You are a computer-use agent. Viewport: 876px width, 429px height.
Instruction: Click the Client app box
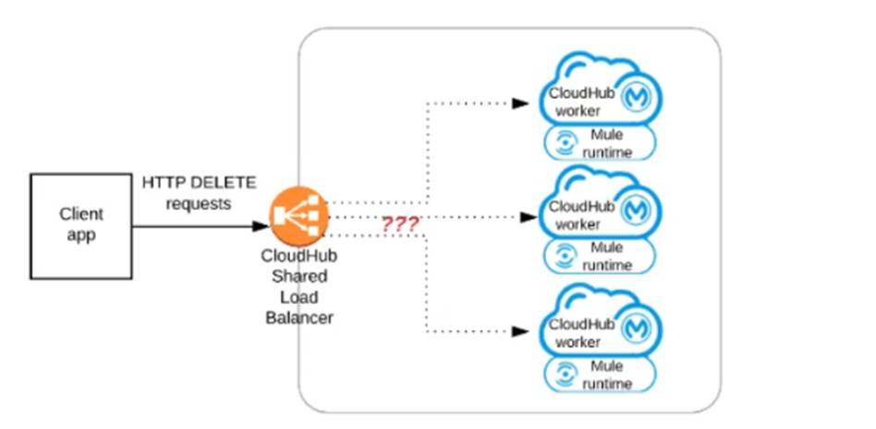click(x=81, y=225)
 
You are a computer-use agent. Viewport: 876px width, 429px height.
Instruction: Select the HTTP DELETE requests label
click(x=198, y=193)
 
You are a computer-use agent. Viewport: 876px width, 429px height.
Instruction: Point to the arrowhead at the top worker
click(x=520, y=103)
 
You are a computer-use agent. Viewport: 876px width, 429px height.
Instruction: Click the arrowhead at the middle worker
click(x=528, y=218)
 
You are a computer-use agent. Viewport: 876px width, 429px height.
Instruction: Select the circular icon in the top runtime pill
click(x=561, y=143)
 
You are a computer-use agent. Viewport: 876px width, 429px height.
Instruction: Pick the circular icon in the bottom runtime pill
click(x=561, y=374)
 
